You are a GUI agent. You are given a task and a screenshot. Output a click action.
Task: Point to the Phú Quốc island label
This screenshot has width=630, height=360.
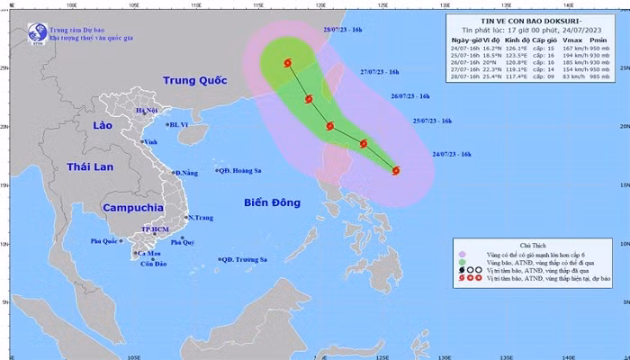[104, 241]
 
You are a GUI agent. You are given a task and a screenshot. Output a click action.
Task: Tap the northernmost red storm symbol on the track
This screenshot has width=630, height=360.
[288, 64]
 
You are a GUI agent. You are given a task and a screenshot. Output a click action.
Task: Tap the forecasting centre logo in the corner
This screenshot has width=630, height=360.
[37, 32]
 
